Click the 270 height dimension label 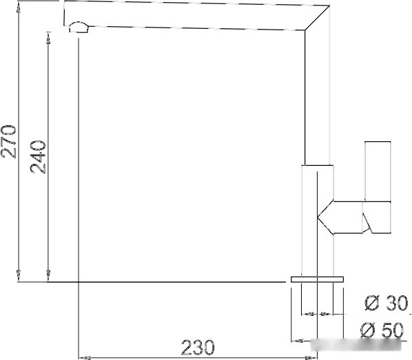coord(9,141)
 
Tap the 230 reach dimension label coord(198,348)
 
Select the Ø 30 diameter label coord(386,304)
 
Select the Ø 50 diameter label coord(383,331)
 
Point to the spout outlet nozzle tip coord(77,28)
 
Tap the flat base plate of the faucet coord(318,279)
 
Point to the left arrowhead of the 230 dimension coord(83,357)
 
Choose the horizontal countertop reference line coord(152,282)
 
